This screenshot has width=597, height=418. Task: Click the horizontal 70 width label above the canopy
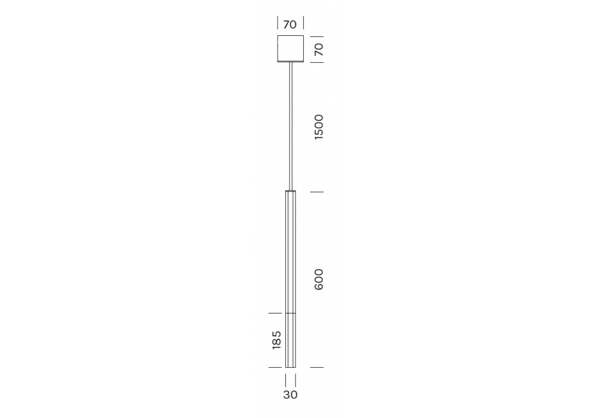pos(290,24)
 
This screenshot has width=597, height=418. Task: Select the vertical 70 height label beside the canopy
pos(318,49)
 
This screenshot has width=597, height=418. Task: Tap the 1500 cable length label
pos(318,127)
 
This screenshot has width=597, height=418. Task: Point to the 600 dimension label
pos(318,279)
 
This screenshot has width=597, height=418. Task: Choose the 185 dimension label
pos(276,340)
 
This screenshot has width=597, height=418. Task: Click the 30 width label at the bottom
pos(290,395)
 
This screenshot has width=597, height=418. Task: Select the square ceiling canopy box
pos(291,48)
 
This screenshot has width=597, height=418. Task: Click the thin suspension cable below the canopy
pos(291,125)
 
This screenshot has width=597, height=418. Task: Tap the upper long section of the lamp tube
pos(291,252)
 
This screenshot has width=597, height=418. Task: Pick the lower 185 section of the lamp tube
pos(291,340)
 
